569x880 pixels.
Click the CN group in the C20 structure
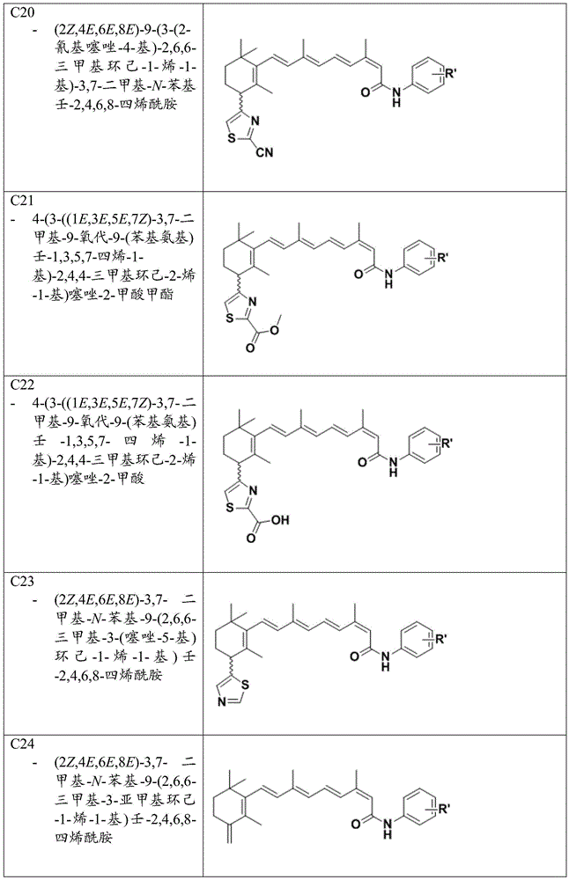click(264, 151)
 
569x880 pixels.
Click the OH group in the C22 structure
click(280, 520)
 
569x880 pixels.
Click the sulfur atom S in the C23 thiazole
click(246, 686)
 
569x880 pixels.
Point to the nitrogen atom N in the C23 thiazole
click(223, 701)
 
